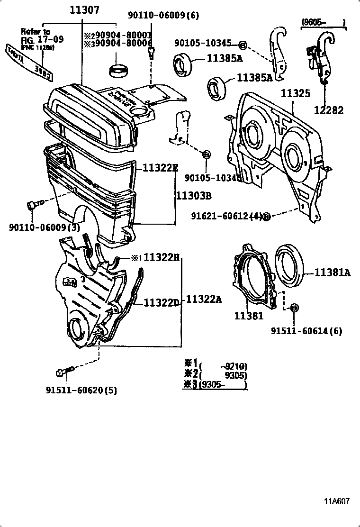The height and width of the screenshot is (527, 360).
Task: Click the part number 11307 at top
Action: (x=81, y=10)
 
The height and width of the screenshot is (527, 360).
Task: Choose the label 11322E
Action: (x=158, y=167)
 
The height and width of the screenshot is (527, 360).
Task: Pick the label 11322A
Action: (x=204, y=299)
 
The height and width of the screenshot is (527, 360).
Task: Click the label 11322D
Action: (x=161, y=302)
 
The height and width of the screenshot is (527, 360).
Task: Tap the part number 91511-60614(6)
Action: (x=306, y=331)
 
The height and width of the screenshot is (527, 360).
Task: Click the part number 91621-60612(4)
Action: (x=226, y=216)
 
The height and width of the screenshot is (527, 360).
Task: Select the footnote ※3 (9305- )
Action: (x=216, y=385)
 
